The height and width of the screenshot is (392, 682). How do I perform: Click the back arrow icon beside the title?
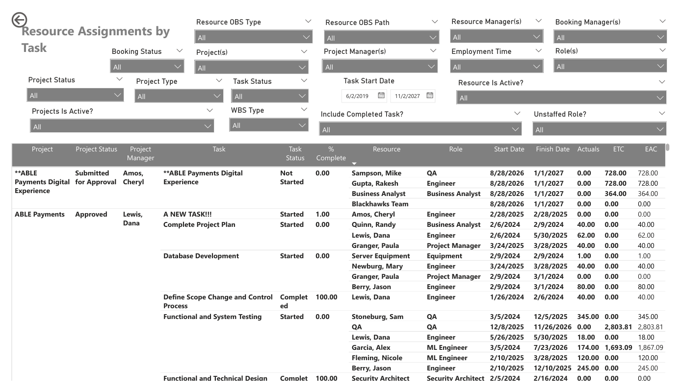[x=19, y=20]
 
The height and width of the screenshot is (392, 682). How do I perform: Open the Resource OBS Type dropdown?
[x=253, y=37]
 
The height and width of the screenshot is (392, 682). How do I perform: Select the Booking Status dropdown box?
[x=147, y=67]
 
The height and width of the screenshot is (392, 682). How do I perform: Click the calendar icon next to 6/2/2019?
[x=381, y=96]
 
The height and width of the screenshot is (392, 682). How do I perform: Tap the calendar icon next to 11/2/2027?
[x=430, y=96]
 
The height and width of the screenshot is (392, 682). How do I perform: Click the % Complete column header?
[x=331, y=153]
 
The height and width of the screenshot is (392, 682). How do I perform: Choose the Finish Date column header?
[x=552, y=149]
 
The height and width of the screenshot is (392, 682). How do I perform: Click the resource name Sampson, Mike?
[x=376, y=173]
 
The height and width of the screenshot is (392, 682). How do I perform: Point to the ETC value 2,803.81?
[x=618, y=327]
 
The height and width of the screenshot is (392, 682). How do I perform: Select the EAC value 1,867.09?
[x=650, y=347]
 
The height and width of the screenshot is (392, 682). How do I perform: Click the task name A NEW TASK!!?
[x=187, y=214]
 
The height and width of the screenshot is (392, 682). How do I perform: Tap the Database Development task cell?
[x=201, y=256]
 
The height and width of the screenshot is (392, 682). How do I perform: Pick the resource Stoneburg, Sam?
[x=377, y=317]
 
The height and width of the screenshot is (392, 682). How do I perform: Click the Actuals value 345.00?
[x=588, y=317]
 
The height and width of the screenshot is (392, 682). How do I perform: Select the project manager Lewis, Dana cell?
[x=132, y=219]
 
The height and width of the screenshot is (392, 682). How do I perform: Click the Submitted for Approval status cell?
[x=96, y=177]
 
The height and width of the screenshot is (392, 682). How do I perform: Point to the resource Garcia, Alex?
[x=371, y=347]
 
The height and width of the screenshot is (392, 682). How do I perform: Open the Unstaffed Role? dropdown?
[x=599, y=129]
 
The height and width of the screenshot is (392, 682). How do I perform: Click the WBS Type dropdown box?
[x=269, y=125]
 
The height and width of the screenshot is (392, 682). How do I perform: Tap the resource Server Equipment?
[x=381, y=256]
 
